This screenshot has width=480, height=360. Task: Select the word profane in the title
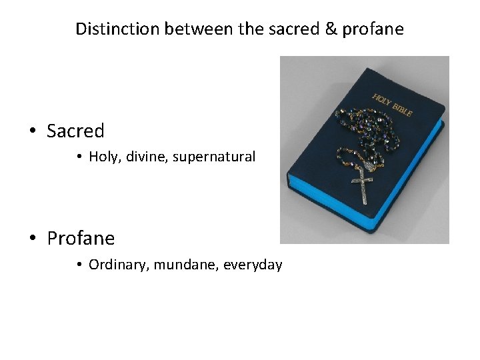click(x=378, y=29)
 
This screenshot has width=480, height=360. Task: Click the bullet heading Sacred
click(x=75, y=131)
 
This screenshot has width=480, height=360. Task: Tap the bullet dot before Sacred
click(x=33, y=131)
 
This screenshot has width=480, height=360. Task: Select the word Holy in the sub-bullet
click(x=102, y=157)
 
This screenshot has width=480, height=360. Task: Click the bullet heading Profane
click(x=81, y=238)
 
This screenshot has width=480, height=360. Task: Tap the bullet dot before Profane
click(x=33, y=239)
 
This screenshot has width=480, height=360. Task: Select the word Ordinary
click(x=118, y=265)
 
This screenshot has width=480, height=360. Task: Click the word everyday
click(x=253, y=265)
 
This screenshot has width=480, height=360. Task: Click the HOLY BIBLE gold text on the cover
click(x=392, y=103)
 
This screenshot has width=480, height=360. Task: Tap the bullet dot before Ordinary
click(x=78, y=265)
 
